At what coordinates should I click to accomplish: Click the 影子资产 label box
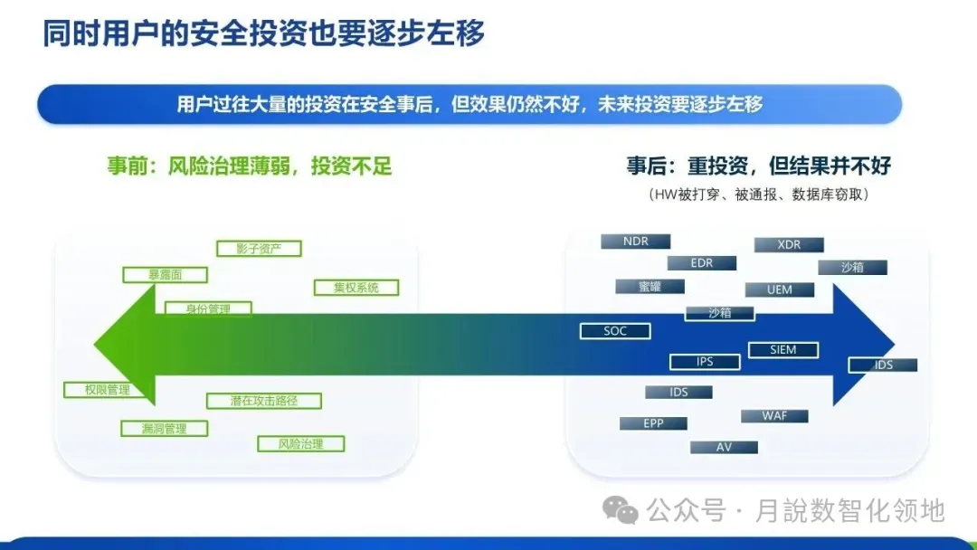click(259, 249)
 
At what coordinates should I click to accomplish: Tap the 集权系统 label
click(356, 288)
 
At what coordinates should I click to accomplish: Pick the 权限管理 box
click(97, 390)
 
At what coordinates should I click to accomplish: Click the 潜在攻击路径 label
click(263, 400)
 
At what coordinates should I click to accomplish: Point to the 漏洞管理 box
click(164, 428)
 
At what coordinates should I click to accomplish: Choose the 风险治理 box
click(301, 444)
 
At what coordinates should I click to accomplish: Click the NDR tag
click(636, 242)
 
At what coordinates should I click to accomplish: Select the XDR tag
click(789, 245)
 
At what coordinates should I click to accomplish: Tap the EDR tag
click(701, 263)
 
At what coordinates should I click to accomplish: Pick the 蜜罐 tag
click(650, 287)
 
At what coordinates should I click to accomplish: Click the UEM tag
click(779, 289)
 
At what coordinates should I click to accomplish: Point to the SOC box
click(615, 331)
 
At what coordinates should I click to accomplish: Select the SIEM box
click(783, 349)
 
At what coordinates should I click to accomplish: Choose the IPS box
click(705, 362)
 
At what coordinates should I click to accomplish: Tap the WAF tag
click(774, 416)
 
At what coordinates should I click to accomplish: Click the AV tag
click(724, 447)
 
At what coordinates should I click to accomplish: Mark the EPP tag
click(653, 423)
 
